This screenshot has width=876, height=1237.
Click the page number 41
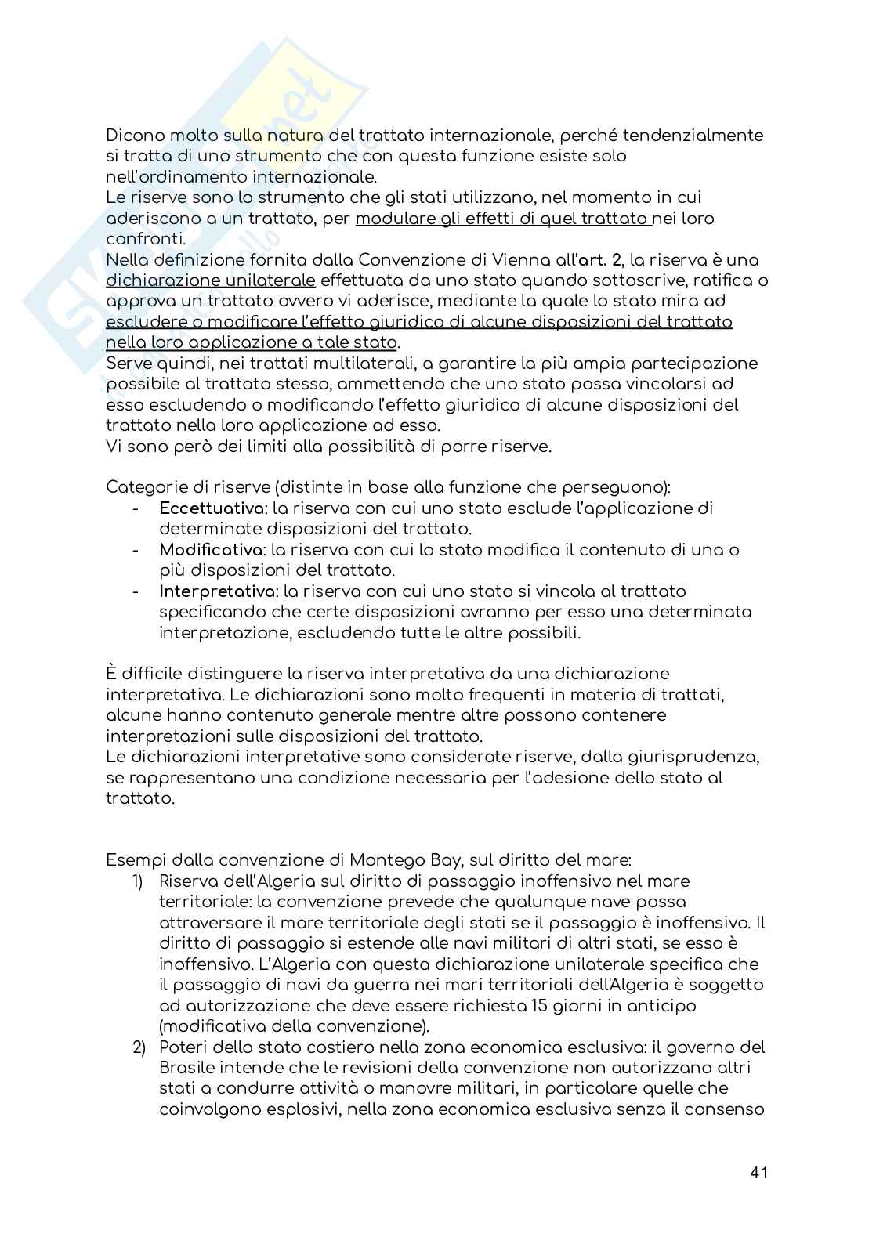tap(758, 1172)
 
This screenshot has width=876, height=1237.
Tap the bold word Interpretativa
tap(211, 591)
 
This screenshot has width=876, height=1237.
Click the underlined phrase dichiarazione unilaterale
tap(211, 280)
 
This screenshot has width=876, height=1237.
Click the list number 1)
tap(138, 881)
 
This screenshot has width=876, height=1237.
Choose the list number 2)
tap(138, 1047)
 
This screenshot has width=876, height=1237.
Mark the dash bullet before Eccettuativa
tap(136, 508)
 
